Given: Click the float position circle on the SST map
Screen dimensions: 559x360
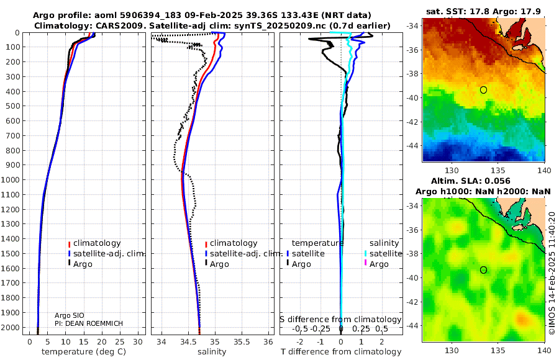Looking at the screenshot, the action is point(483,90).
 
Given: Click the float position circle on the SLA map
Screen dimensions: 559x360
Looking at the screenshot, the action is point(483,270).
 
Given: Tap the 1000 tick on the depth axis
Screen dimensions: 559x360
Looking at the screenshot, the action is point(11,179).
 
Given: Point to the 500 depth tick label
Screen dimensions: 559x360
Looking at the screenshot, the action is point(12,106).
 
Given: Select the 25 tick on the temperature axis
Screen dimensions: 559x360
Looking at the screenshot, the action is point(120,342).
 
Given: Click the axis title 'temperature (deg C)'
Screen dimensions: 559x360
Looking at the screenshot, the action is point(84,352).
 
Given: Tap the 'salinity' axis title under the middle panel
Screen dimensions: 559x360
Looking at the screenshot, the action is point(212,352).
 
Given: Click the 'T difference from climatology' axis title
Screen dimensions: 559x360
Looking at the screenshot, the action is point(341,352).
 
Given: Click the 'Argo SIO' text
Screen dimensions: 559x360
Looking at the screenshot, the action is point(69,315).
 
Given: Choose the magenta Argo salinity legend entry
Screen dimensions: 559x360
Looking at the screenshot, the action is point(374,264).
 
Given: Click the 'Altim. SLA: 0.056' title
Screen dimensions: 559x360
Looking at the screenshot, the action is point(471,181).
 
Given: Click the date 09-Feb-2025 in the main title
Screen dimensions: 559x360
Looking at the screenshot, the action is point(221,16).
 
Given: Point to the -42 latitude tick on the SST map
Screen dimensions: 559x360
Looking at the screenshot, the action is point(413,122).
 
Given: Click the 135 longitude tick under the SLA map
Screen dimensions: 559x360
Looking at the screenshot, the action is point(498,350).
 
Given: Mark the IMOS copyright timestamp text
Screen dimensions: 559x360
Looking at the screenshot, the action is point(552,273).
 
